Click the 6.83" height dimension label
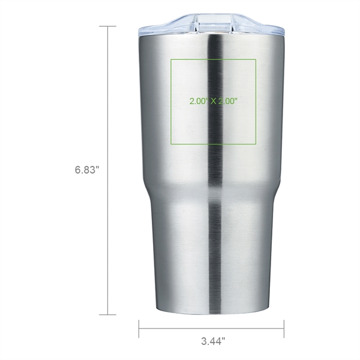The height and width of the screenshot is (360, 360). pos(87,170)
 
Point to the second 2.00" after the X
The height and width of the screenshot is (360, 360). pos(231,101)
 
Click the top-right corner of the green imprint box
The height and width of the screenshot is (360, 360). pos(256,59)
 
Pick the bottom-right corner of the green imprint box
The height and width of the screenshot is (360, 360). pos(256,145)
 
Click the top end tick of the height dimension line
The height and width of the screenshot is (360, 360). pos(108,26)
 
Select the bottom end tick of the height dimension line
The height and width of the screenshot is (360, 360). pos(108,314)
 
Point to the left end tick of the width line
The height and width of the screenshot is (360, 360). pos(139,328)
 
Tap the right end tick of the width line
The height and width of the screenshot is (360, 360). pos(284,328)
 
